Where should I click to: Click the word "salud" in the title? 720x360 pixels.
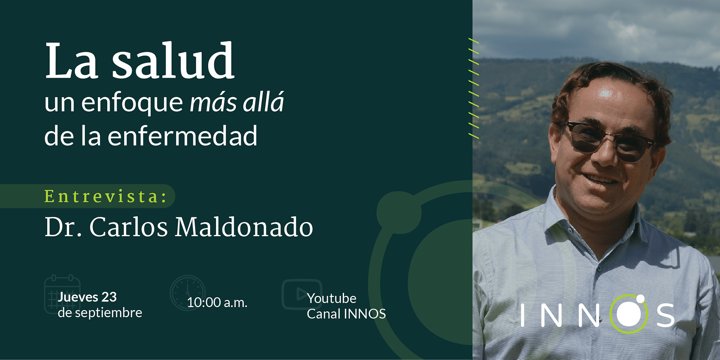tap(173, 60)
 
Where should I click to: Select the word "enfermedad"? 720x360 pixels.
tap(183, 135)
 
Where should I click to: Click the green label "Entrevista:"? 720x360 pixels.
tap(105, 196)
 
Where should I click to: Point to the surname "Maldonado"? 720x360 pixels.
tap(244, 227)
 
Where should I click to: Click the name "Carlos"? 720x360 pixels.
tap(128, 227)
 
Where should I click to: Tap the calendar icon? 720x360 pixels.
tap(62, 294)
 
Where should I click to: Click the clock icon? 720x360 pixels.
tap(187, 293)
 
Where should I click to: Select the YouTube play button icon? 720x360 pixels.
tap(301, 294)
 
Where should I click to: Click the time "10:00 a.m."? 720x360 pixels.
tap(217, 302)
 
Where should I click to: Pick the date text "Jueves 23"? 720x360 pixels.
tap(87, 297)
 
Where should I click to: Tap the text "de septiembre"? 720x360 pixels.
tap(100, 313)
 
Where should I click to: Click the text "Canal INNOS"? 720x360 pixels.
tap(346, 314)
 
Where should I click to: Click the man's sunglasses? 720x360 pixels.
tap(609, 141)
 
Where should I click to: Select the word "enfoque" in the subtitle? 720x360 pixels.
tap(132, 102)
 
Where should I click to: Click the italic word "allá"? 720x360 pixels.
tap(263, 102)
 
